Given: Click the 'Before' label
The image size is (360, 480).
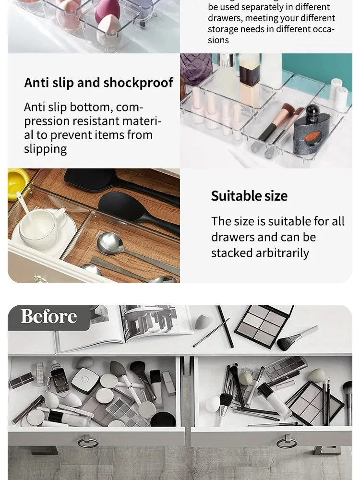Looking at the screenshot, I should [x=48, y=316].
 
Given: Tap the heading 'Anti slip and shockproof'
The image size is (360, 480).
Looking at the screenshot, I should [x=98, y=83].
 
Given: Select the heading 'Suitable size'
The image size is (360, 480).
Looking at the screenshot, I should [x=249, y=196].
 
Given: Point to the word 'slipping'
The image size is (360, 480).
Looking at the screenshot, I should [x=46, y=149].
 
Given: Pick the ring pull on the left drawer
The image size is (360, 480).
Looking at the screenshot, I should [x=88, y=441].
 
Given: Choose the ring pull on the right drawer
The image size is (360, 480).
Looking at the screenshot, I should [x=286, y=441].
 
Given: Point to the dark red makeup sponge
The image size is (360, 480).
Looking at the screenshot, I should [x=107, y=12].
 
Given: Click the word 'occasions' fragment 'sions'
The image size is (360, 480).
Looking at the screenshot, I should [x=218, y=40].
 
